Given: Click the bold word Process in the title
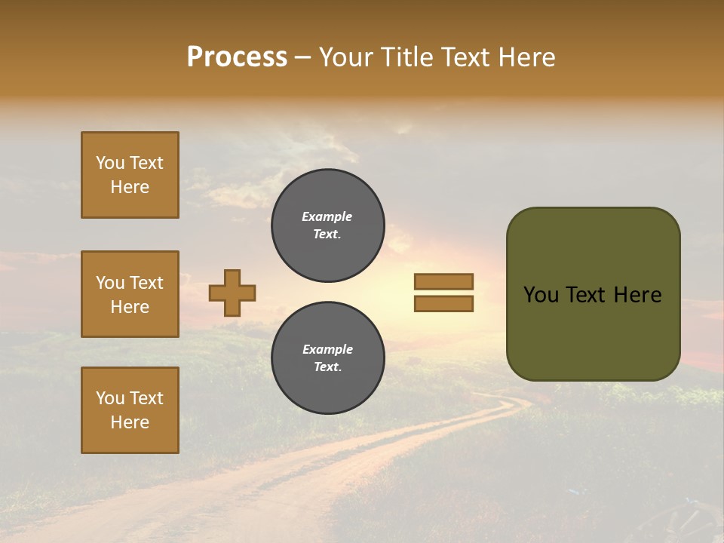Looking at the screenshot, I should click(237, 57).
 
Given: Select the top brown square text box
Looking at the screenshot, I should click(130, 175).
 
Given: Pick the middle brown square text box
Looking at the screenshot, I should click(130, 294).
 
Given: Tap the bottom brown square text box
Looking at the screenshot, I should click(130, 410).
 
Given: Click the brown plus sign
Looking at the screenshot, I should click(232, 293).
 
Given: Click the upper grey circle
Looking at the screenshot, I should click(327, 225).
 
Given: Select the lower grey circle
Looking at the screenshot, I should click(327, 357).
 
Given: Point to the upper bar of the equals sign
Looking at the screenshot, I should click(443, 281).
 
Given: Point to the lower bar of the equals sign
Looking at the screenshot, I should click(443, 304).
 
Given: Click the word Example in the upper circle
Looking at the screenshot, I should click(327, 216).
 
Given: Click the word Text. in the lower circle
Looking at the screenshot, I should click(327, 367).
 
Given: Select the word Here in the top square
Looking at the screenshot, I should click(130, 187).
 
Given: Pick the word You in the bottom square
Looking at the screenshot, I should click(110, 398).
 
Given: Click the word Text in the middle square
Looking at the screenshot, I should click(146, 283).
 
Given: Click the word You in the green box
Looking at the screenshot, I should click(541, 295).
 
